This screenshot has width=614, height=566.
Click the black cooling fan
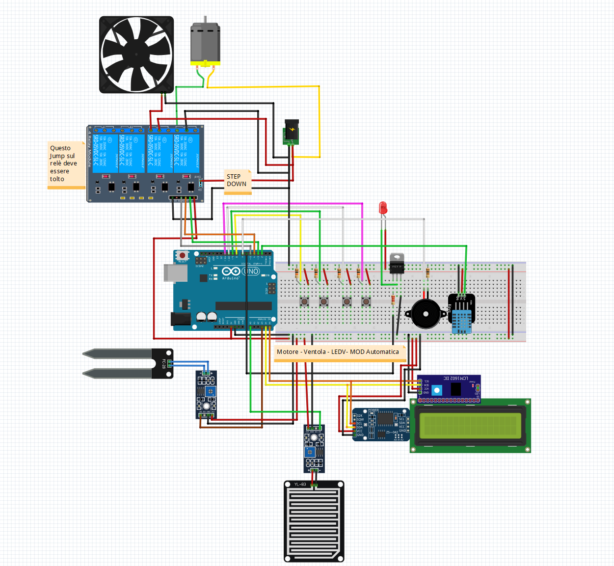tap(136, 54)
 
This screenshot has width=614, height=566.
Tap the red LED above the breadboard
tap(383, 208)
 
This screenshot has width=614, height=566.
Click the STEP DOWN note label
tap(238, 181)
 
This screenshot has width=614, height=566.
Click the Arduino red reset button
tap(182, 255)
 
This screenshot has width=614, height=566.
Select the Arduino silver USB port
tap(175, 273)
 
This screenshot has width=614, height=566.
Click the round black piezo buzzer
tap(425, 314)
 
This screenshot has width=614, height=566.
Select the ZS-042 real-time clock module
tap(380, 425)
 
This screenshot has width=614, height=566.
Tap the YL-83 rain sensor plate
tap(314, 521)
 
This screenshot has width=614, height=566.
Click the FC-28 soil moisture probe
tap(128, 364)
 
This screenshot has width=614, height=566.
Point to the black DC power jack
tap(292, 132)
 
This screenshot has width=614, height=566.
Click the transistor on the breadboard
tap(397, 265)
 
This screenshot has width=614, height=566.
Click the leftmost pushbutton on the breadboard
tap(305, 301)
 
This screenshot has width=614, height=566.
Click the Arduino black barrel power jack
tap(181, 319)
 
